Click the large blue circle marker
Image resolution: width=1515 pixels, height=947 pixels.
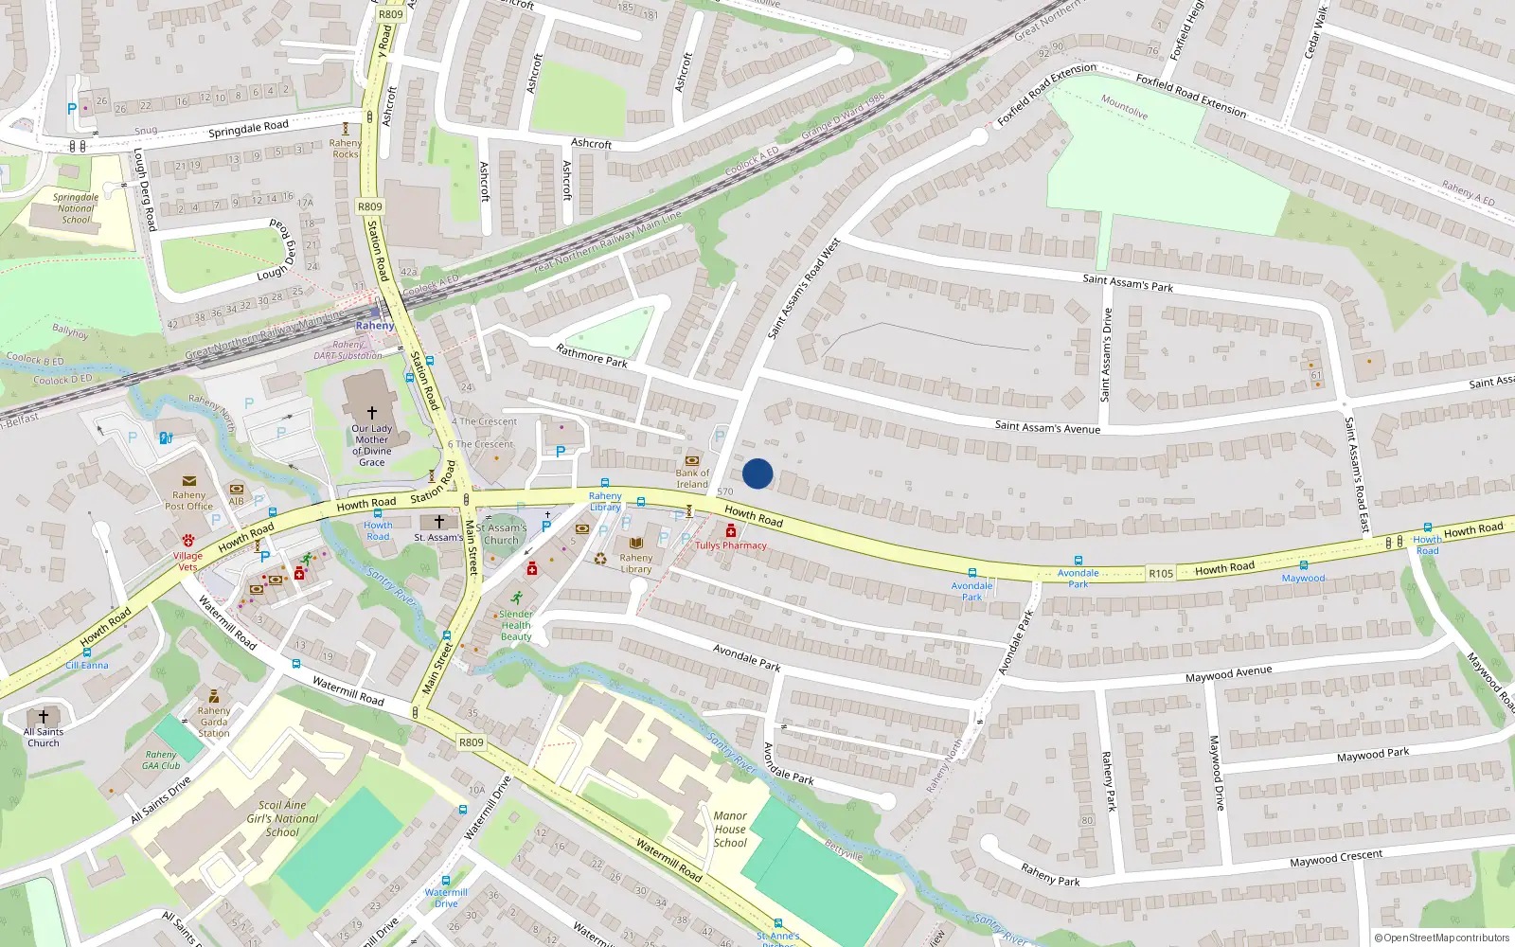coord(757,473)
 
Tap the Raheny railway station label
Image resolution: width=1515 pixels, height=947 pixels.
coord(375,326)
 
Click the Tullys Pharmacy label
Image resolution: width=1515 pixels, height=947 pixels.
coord(731,545)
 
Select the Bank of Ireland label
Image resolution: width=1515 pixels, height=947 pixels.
coord(692,478)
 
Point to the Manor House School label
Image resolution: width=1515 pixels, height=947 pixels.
coord(730,829)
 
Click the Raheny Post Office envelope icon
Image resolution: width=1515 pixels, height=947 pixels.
coord(189,481)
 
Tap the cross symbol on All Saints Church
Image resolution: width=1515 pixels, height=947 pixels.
coord(44,717)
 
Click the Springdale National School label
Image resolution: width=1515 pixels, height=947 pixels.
coord(76,208)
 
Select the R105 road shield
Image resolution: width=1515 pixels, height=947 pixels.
coord(1161,573)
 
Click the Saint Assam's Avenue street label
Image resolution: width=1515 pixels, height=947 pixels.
coord(1047,427)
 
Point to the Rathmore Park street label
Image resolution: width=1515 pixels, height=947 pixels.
coord(592,356)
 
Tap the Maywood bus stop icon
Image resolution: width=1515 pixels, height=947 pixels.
coord(1304,565)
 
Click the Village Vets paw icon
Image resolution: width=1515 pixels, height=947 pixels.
coord(187,541)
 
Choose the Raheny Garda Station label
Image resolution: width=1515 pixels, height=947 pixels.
coord(214,722)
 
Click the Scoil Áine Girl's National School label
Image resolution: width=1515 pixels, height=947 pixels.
coord(282,818)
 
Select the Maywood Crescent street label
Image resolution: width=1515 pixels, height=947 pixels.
coord(1336,859)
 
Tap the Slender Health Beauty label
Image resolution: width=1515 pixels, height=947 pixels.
coord(516,625)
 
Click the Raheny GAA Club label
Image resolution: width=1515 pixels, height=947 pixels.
coord(161,760)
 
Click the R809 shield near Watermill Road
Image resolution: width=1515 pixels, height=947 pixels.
coord(471,742)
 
